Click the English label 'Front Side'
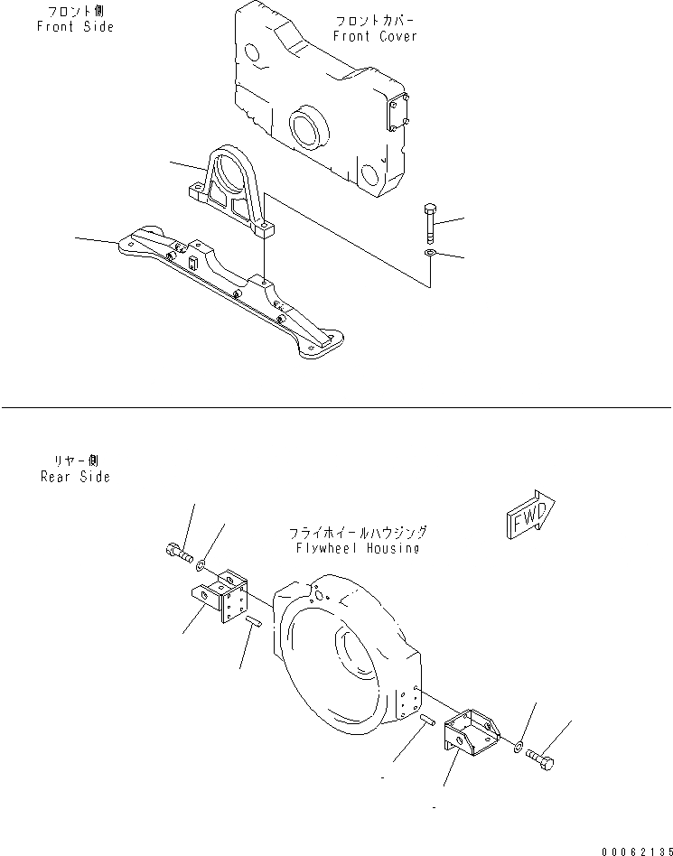click(75, 27)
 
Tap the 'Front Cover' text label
click(375, 37)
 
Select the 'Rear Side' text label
click(75, 476)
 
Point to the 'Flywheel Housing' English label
click(359, 548)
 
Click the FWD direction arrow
click(530, 515)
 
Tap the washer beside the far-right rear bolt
click(517, 749)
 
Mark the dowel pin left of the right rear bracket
click(427, 720)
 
